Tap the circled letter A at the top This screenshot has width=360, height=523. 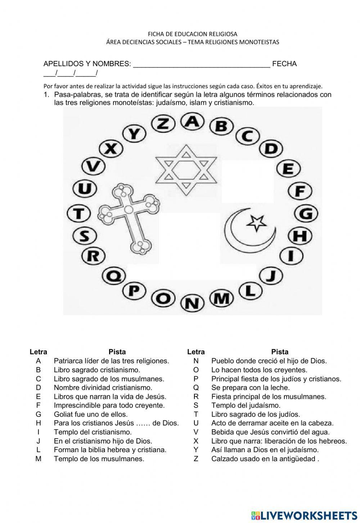tap(193, 121)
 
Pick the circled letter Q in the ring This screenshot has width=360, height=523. tap(114, 276)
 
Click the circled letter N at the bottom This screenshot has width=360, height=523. tap(192, 303)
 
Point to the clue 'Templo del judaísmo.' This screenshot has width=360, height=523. tap(246, 405)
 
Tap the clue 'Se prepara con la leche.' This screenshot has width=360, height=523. tap(251, 387)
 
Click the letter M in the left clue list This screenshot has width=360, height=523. tap(39, 459)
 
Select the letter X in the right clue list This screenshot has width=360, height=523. tap(196, 441)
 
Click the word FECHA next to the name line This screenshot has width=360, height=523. tap(284, 64)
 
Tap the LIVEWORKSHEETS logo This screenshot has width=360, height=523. tap(304, 515)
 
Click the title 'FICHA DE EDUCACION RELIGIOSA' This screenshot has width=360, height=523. tap(193, 34)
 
